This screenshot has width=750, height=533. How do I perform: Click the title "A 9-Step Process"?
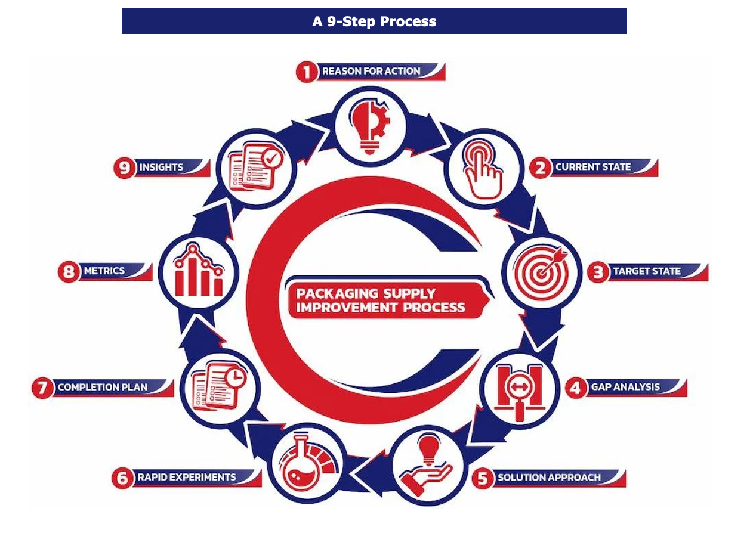pos(374,21)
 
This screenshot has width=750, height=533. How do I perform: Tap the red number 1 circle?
pos(307,72)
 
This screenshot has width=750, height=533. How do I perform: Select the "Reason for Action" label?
pos(371,71)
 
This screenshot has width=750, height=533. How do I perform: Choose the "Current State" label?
pos(592,167)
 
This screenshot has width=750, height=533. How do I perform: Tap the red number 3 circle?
pos(597,272)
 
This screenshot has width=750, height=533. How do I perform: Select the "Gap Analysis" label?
pos(625,387)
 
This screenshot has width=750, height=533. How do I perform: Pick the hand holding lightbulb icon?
pos(427,461)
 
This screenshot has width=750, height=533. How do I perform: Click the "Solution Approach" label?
pos(549,477)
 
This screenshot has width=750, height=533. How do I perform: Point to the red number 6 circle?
pos(122,478)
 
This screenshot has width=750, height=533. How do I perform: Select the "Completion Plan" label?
pos(102,387)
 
